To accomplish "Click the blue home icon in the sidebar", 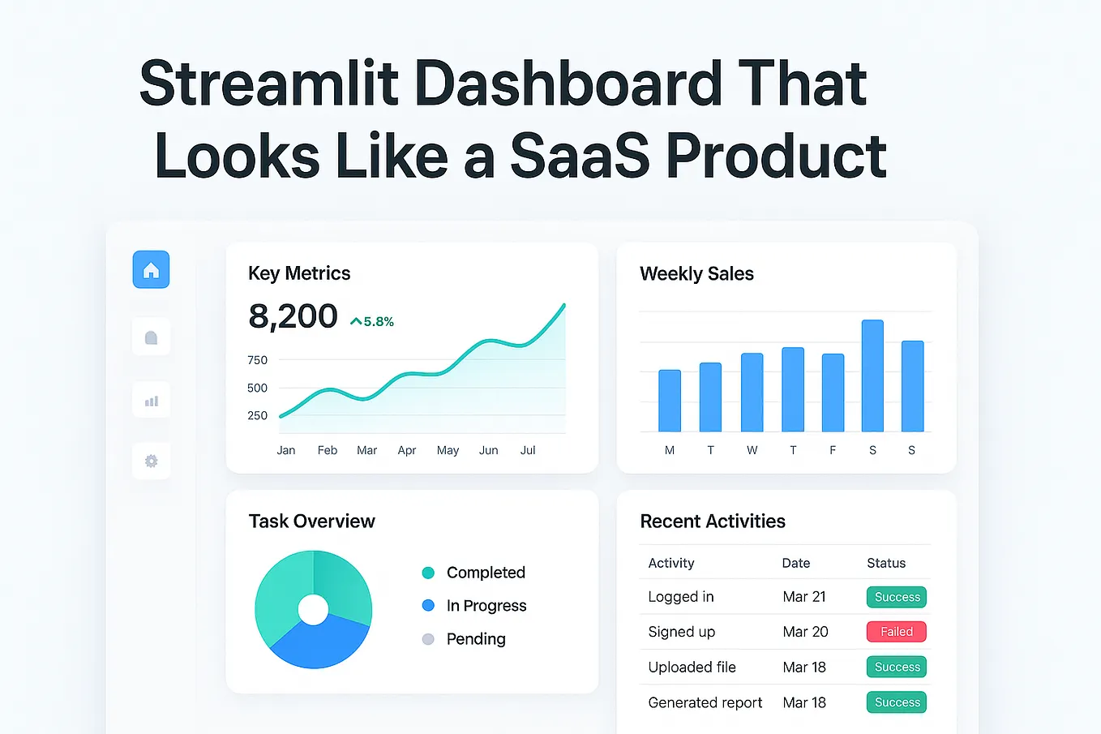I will click(x=151, y=270).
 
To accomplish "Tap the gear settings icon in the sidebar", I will click(x=151, y=461).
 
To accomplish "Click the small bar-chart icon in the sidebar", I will click(x=151, y=401).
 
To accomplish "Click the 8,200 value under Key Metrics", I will click(x=293, y=316).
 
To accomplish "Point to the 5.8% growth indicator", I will click(x=372, y=322).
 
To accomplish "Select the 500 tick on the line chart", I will click(x=257, y=388).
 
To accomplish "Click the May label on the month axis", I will click(x=448, y=450).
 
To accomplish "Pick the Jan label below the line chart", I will click(x=286, y=450).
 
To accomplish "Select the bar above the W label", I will click(x=752, y=393).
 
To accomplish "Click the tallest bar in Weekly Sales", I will click(x=872, y=376).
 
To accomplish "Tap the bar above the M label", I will click(x=670, y=401).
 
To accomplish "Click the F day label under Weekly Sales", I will click(x=833, y=450).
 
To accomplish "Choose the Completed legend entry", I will click(x=485, y=573).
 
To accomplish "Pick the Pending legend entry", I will click(x=475, y=639).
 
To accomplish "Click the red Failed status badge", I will click(x=897, y=632).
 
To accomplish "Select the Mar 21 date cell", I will click(x=804, y=597).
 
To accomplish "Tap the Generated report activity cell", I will click(x=705, y=702).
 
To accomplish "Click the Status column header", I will click(x=886, y=563).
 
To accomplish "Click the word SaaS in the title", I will click(x=580, y=156).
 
